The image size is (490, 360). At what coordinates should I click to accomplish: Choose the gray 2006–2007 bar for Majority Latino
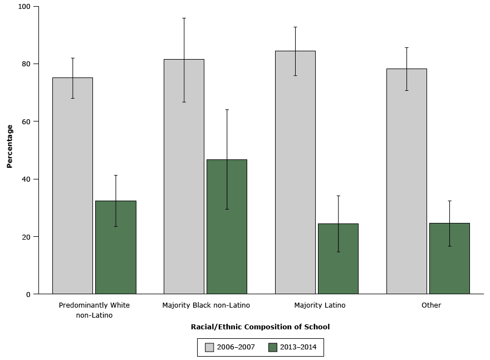click(295, 172)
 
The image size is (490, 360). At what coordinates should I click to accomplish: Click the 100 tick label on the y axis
click(25, 7)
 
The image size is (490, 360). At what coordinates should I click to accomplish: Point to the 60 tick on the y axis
click(27, 121)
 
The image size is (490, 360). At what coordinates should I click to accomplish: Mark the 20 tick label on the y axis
click(27, 237)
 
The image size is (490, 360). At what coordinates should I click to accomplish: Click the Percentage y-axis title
click(9, 146)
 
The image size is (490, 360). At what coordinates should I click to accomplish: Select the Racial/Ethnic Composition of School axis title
click(260, 327)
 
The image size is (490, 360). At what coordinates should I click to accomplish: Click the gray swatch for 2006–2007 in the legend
click(209, 347)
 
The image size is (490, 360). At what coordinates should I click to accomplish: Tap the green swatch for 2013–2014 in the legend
click(273, 347)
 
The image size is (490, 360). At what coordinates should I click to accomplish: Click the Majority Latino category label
click(320, 305)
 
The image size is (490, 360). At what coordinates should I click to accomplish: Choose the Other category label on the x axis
click(431, 305)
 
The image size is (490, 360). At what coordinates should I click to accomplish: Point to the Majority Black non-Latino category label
click(206, 305)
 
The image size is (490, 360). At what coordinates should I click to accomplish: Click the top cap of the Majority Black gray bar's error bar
click(184, 18)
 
